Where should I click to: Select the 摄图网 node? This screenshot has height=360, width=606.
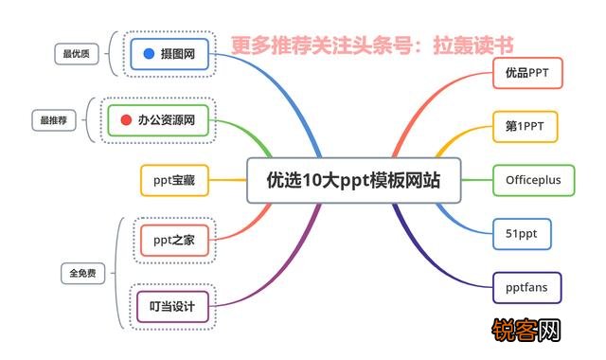point(169,55)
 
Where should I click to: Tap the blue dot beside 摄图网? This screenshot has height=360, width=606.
point(149,55)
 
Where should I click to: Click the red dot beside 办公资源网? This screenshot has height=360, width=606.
point(127,120)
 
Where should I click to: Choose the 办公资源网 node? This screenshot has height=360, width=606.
point(159,120)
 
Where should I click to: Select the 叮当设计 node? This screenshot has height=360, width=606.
point(172,305)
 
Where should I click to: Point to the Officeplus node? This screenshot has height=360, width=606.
point(533,179)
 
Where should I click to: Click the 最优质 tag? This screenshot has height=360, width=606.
point(74,55)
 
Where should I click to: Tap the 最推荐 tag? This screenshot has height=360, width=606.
point(53,120)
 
